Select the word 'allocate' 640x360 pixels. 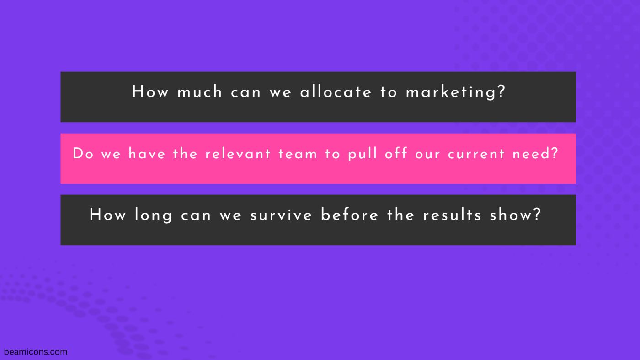(336, 92)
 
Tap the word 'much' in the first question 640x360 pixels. (199, 92)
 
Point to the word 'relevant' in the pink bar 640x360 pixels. (238, 154)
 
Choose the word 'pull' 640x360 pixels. (362, 154)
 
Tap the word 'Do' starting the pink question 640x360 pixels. (83, 154)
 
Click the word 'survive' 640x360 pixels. (281, 215)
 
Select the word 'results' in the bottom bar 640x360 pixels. (452, 215)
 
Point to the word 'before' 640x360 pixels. (349, 215)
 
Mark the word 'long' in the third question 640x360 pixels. (154, 215)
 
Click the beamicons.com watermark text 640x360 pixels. (36, 352)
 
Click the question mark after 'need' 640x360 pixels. (555, 153)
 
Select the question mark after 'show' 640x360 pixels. (537, 214)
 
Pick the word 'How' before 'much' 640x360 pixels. (150, 91)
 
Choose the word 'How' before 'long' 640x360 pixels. (107, 215)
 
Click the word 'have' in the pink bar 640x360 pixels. (147, 154)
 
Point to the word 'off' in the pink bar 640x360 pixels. (396, 153)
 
